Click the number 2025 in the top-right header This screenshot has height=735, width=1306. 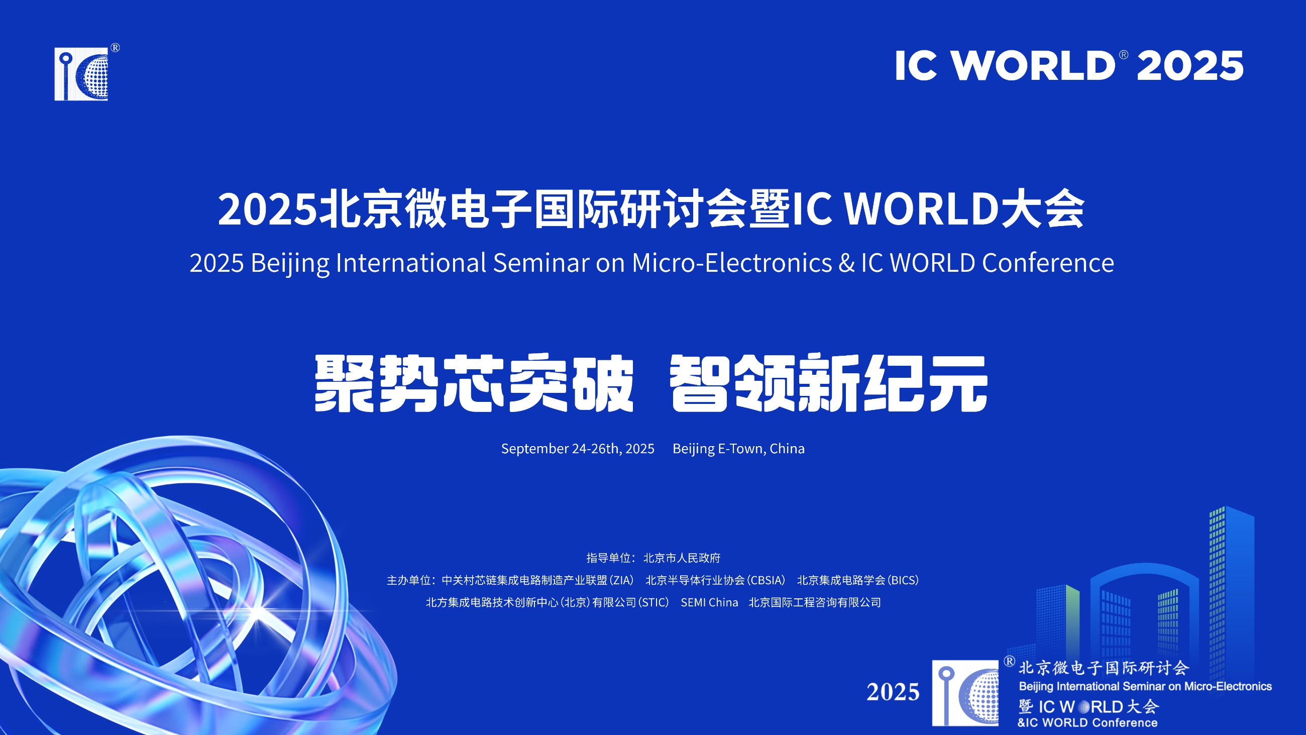point(1190,66)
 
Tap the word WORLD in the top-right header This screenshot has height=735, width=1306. point(1032,66)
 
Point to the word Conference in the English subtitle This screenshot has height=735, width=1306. point(1048,263)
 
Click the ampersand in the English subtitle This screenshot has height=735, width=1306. point(847,263)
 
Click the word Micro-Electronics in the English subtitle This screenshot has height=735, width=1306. point(732,263)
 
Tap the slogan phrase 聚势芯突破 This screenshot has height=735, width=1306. point(474,383)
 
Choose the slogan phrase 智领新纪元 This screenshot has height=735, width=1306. point(828,383)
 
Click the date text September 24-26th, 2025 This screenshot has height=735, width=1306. point(578,449)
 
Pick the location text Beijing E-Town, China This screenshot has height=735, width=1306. point(739,449)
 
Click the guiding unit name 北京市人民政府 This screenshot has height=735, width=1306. point(682,558)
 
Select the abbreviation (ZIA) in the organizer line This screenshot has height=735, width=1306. point(621,580)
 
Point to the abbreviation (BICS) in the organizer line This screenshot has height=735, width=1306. point(903,580)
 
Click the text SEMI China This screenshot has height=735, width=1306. point(709,602)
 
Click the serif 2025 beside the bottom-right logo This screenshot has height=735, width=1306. point(893,692)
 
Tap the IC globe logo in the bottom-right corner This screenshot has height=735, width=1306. point(965,693)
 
